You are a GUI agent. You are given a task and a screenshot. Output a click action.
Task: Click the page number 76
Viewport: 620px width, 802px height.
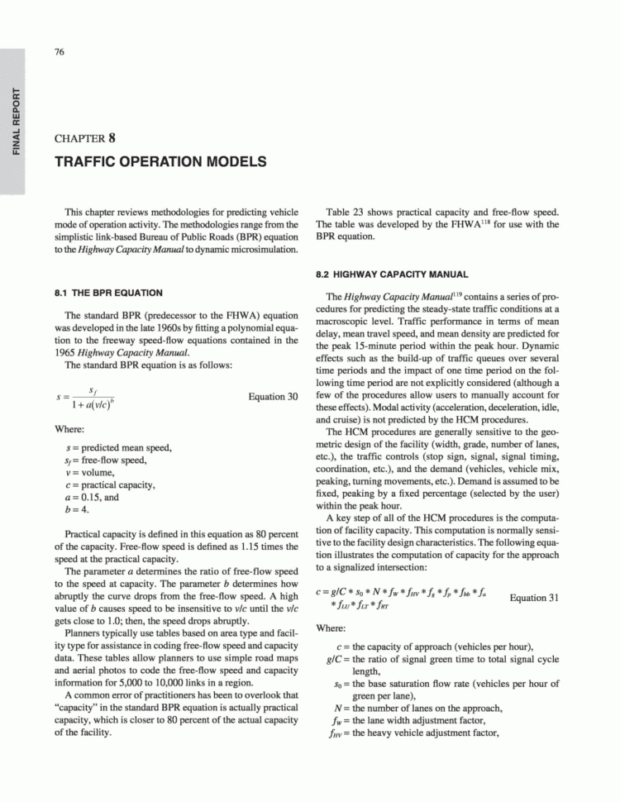pyautogui.click(x=60, y=52)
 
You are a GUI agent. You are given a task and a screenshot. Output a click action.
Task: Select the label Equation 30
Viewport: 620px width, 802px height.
pyautogui.click(x=273, y=397)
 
